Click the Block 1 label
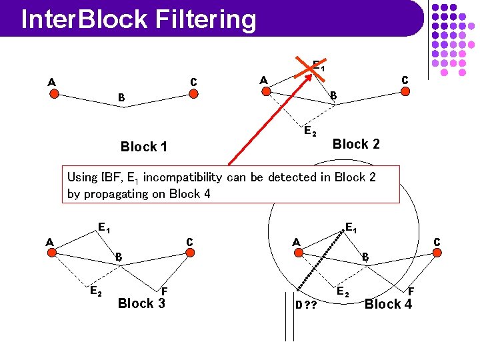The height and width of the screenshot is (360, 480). click(143, 147)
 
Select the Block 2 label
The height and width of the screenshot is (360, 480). click(356, 144)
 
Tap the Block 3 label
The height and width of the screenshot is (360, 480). click(141, 303)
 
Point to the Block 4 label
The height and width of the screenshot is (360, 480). click(388, 304)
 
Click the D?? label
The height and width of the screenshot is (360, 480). click(306, 305)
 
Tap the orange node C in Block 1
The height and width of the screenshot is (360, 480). click(193, 93)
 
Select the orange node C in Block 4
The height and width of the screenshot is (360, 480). click(437, 253)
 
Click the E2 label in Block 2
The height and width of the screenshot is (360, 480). click(310, 131)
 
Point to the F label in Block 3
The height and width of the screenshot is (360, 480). click(164, 291)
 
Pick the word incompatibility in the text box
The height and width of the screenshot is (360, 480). click(183, 177)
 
